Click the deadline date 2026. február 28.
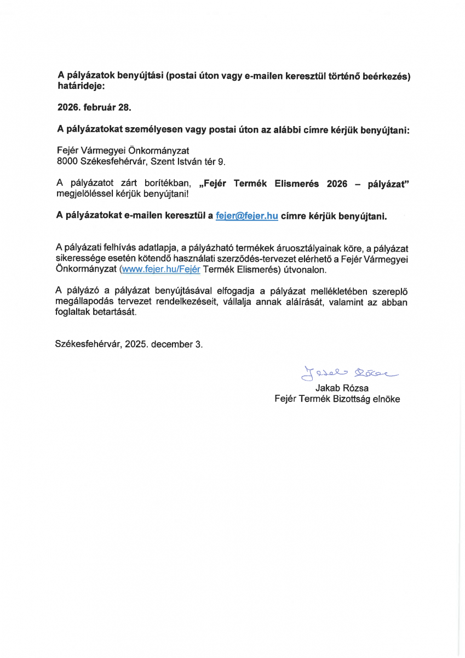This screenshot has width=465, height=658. (x=94, y=107)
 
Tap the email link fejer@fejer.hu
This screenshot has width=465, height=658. (x=247, y=215)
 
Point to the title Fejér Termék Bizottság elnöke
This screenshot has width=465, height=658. (x=337, y=399)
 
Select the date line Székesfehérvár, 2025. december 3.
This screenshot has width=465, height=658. (x=129, y=344)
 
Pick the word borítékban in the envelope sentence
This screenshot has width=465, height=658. (x=164, y=184)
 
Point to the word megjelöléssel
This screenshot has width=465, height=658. (x=84, y=194)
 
